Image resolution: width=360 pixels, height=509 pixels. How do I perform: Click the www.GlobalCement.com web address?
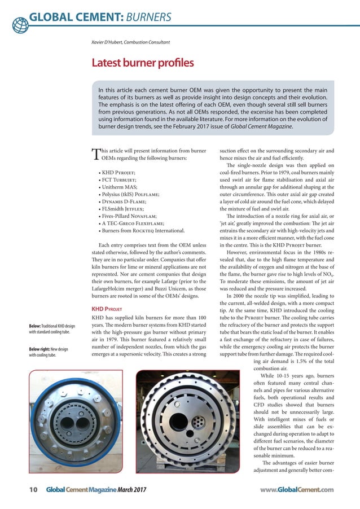[297, 490]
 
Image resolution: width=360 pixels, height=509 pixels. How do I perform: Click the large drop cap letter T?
[95, 155]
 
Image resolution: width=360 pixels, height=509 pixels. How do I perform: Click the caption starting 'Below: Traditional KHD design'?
[54, 329]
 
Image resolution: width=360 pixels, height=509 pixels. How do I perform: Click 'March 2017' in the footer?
[134, 490]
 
